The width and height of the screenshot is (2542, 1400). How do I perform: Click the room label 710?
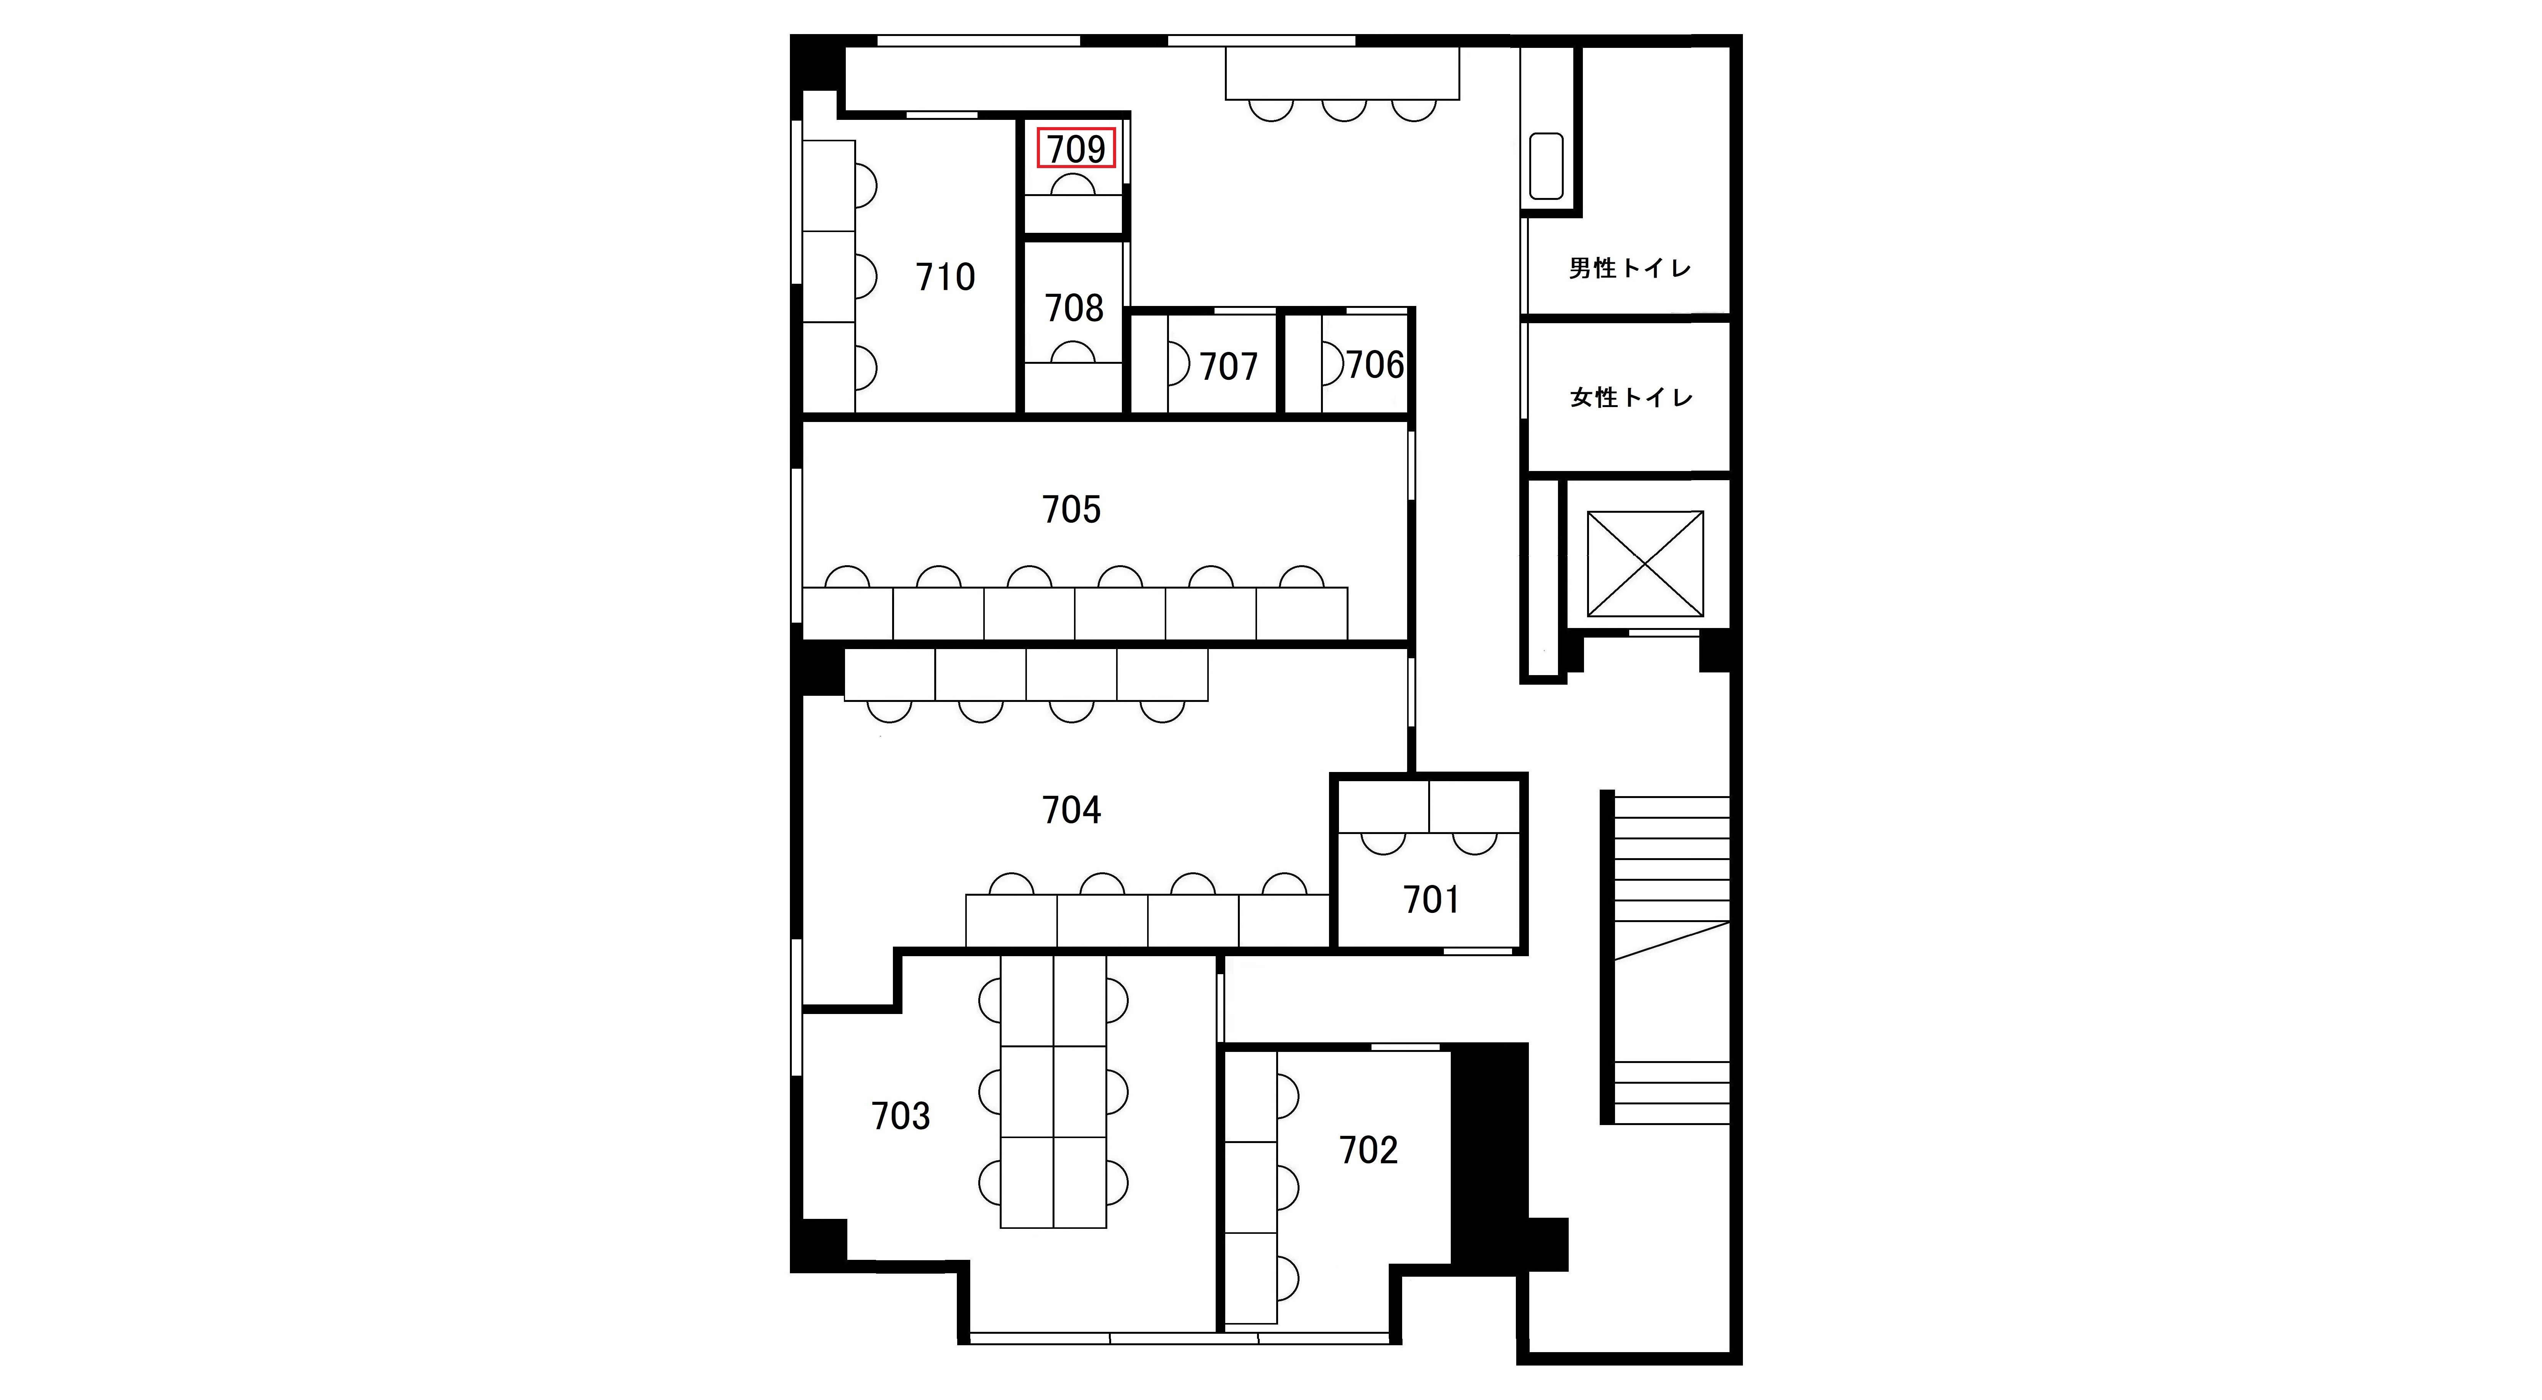945,277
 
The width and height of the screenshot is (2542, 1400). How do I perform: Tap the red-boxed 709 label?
1076,148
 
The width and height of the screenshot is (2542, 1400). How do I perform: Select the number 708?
1074,309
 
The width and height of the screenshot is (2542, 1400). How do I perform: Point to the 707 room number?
1229,367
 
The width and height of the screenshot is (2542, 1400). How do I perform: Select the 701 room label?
1431,900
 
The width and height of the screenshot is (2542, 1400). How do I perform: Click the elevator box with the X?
1645,563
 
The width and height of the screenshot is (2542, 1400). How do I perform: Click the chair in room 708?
1072,352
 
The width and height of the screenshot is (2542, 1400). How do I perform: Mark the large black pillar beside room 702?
1489,1159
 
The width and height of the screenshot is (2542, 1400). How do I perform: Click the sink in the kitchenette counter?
1546,166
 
